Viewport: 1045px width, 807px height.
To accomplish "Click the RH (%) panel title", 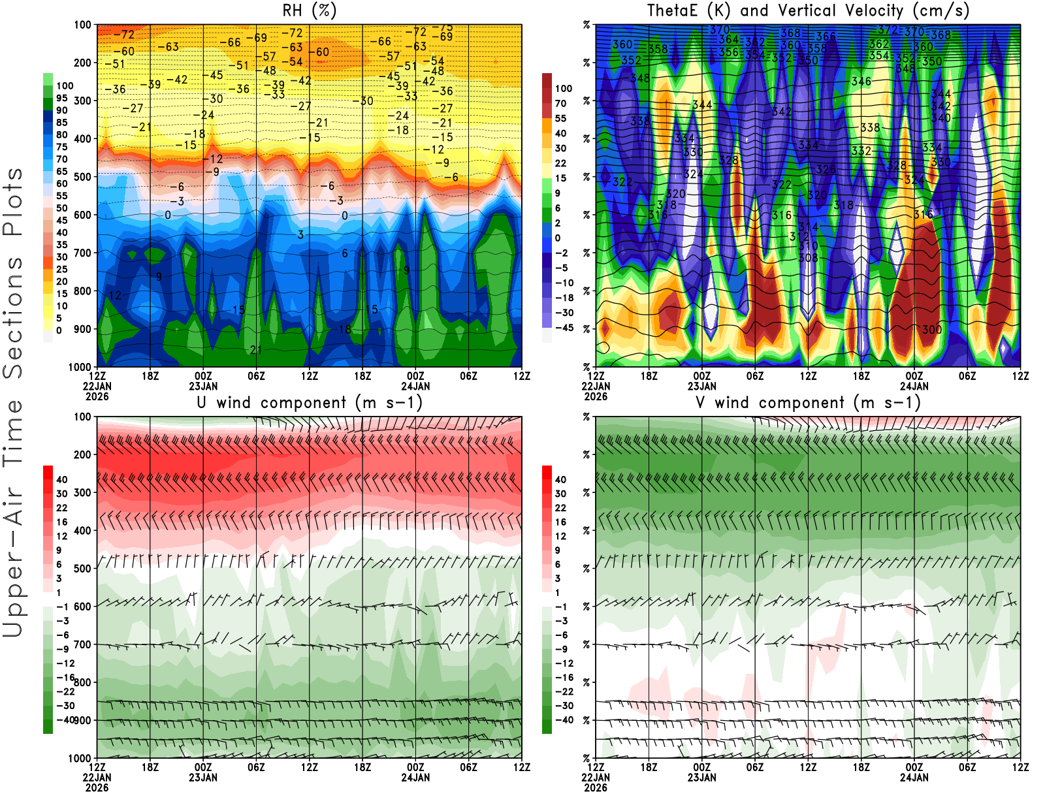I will (309, 11).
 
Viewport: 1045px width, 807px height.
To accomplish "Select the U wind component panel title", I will (310, 403).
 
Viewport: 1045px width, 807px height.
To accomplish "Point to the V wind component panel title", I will (808, 403).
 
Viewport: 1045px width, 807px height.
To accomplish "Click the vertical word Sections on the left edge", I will (13, 317).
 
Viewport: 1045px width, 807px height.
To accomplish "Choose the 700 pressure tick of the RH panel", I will (83, 253).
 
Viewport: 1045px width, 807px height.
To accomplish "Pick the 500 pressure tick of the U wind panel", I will (83, 569).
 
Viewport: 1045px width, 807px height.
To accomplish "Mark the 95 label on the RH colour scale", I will (62, 99).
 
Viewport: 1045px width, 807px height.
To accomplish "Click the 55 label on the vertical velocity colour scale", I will (560, 119).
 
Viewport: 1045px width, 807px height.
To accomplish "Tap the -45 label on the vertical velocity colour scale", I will (564, 328).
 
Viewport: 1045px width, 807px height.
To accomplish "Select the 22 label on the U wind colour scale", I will (62, 508).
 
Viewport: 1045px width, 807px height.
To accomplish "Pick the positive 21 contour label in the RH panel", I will (256, 351).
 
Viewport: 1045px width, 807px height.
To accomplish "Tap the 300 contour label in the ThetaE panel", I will (932, 330).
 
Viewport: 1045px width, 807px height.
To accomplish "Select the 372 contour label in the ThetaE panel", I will (888, 30).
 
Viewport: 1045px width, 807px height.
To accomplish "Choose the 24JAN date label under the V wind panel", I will (914, 778).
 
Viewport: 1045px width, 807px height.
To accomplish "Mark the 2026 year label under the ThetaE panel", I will (596, 396).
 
